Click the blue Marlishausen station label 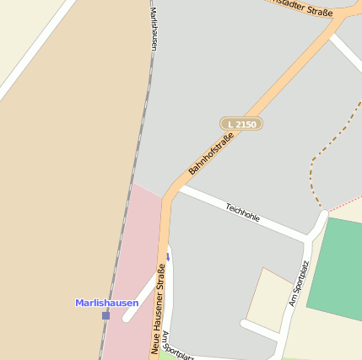pos(106,303)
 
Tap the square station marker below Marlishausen pos(105,315)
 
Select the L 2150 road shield pos(241,124)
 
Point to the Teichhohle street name pos(242,212)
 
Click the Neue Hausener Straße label pos(158,308)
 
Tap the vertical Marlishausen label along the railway pos(154,30)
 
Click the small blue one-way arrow pos(167,256)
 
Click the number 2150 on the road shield pos(246,124)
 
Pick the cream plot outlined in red pos(268,299)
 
